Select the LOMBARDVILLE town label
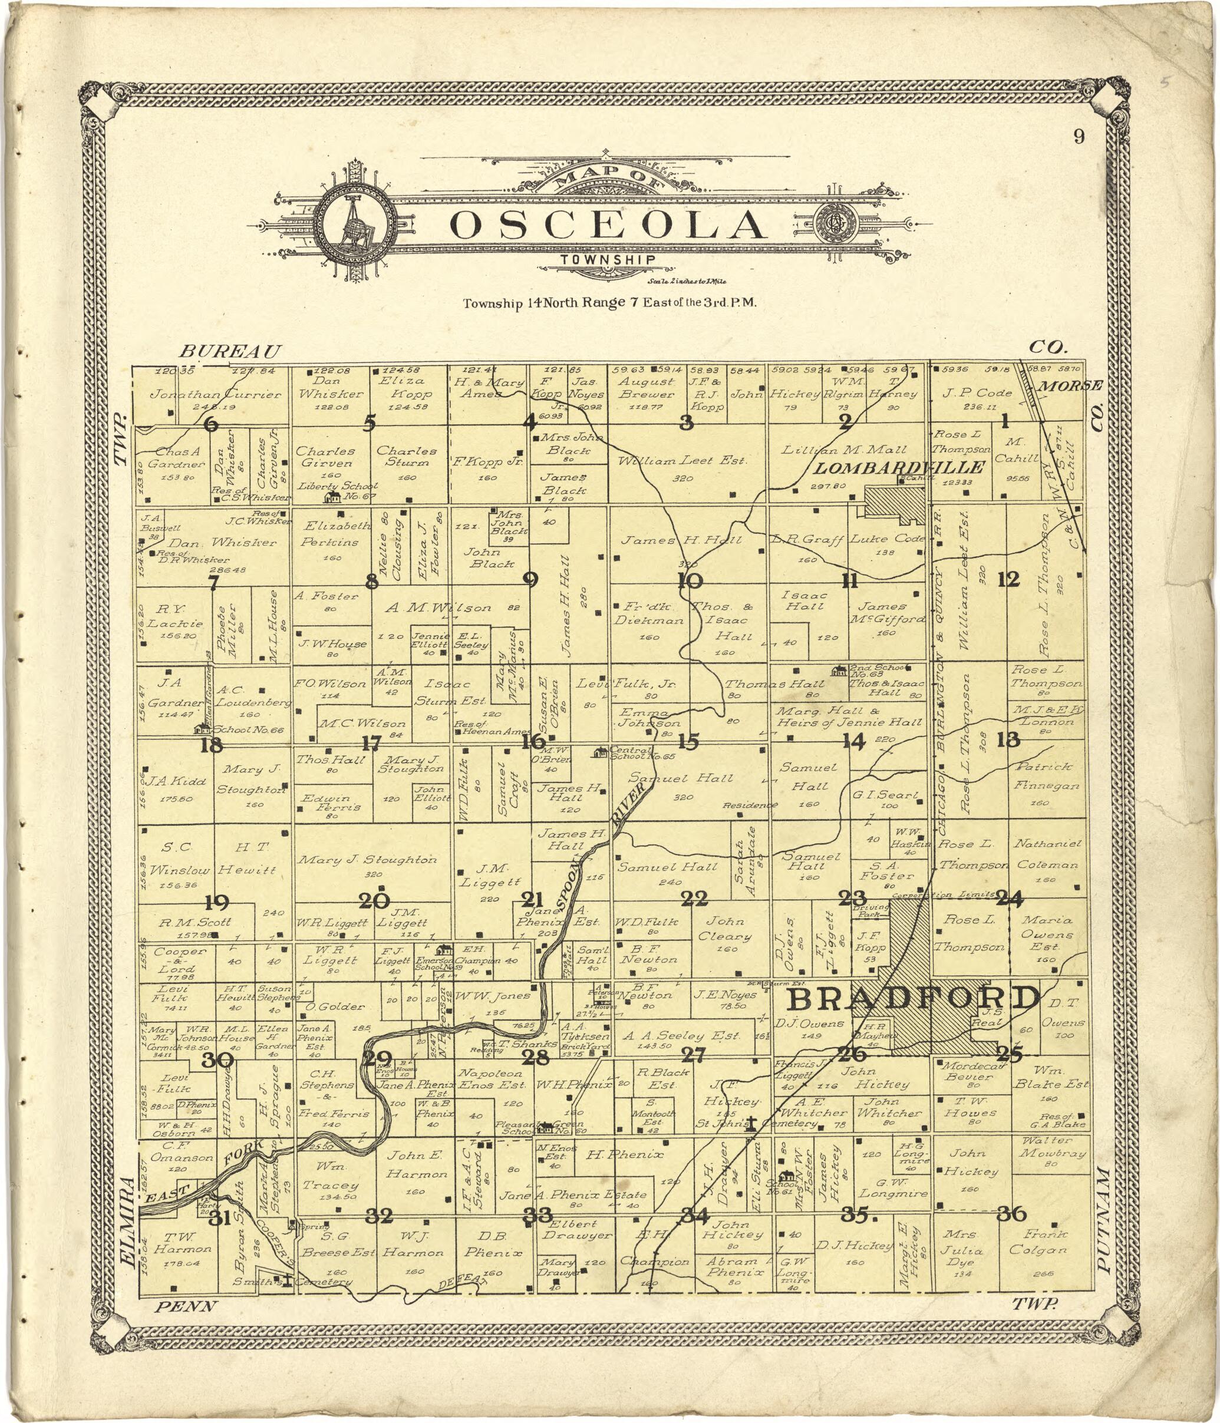(x=899, y=468)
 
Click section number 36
(x=1012, y=1214)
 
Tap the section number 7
(x=213, y=582)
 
